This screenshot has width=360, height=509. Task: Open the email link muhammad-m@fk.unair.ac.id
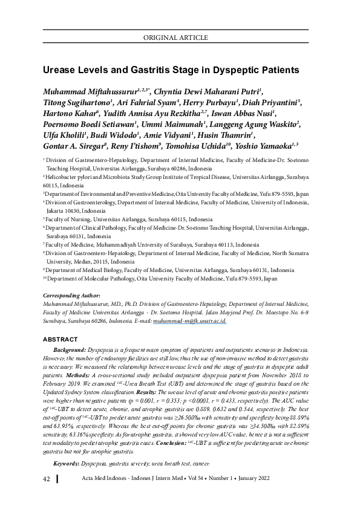[189, 322]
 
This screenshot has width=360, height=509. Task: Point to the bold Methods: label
[78, 375]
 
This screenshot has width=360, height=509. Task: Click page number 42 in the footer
[46, 496]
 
